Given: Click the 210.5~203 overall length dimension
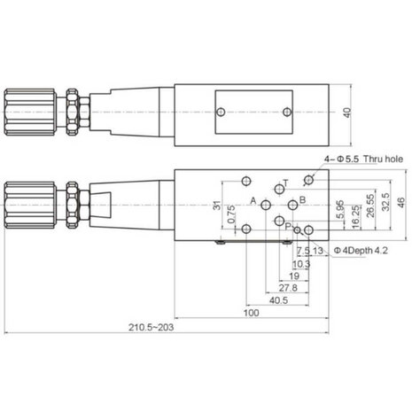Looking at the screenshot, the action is pyautogui.click(x=151, y=327).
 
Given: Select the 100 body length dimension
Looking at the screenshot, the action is pyautogui.click(x=251, y=313).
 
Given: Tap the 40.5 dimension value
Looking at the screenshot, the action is pyautogui.click(x=278, y=300).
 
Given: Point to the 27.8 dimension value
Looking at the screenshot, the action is pyautogui.click(x=288, y=288).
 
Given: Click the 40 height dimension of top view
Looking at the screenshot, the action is pyautogui.click(x=347, y=113).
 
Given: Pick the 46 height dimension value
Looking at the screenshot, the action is pyautogui.click(x=400, y=203).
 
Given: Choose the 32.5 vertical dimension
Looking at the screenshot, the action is pyautogui.click(x=385, y=202).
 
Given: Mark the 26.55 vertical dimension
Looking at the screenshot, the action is pyautogui.click(x=370, y=206).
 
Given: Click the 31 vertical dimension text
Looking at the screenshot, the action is pyautogui.click(x=217, y=205).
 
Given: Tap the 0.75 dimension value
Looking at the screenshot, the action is pyautogui.click(x=232, y=214).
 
